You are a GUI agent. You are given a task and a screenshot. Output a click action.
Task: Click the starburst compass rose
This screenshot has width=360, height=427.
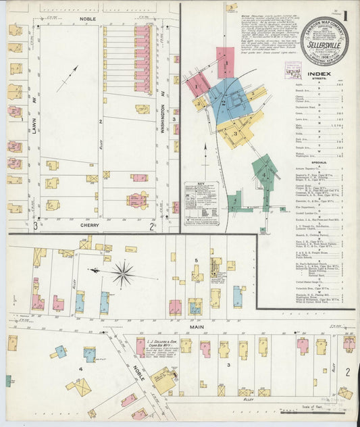[122, 274]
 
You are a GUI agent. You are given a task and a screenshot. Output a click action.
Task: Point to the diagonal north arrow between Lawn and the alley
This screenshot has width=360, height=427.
[67, 78]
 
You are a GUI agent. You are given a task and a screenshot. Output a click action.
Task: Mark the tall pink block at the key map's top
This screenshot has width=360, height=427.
[225, 62]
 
